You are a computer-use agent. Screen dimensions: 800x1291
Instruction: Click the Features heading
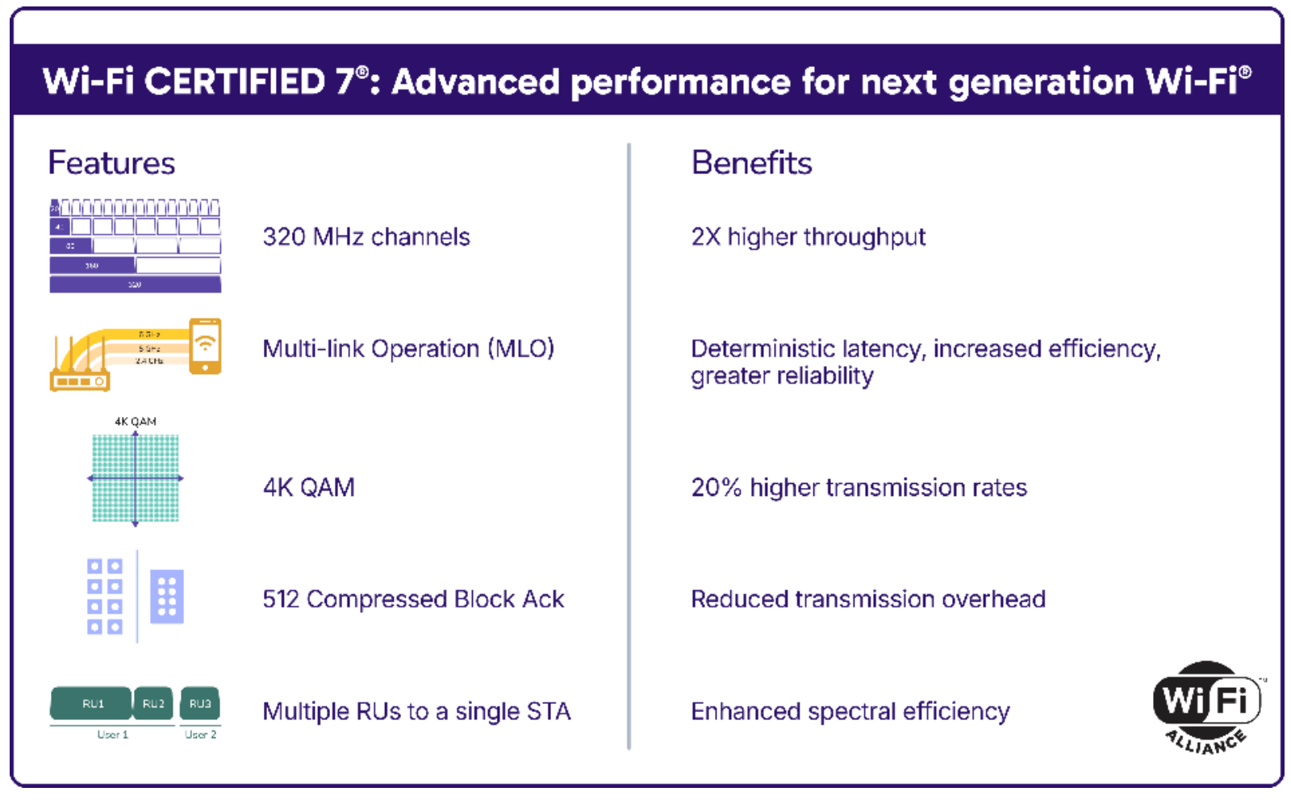coord(111,163)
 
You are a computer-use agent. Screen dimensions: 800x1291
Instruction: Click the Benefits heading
coord(751,163)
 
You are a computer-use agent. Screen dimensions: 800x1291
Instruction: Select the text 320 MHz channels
coord(366,237)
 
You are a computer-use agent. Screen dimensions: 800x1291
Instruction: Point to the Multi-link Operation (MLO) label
coord(408,349)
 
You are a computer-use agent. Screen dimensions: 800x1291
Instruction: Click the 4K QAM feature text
coord(309,488)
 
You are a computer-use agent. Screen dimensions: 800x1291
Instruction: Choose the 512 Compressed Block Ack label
coord(413,599)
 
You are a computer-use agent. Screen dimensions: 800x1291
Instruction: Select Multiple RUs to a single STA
coord(416,711)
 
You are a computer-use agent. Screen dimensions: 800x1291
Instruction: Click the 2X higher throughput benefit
coord(808,237)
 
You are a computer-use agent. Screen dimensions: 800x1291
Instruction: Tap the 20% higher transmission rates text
coord(859,488)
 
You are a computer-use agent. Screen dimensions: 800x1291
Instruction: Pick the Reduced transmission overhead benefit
coord(868,599)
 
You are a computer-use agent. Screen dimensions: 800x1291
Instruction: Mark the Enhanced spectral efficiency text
coord(850,711)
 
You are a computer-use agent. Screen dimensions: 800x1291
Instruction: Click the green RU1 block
coord(91,703)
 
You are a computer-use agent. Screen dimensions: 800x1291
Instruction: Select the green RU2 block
coord(153,703)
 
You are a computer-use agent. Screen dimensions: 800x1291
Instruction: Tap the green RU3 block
coord(199,703)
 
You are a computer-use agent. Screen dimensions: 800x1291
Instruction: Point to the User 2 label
coord(200,735)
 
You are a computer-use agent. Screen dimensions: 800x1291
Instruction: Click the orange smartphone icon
coord(205,346)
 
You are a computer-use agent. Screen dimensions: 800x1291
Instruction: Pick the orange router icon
coord(79,374)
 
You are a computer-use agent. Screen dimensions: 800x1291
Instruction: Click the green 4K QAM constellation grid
coord(136,478)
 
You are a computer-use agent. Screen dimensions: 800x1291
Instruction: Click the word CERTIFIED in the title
coord(235,81)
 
